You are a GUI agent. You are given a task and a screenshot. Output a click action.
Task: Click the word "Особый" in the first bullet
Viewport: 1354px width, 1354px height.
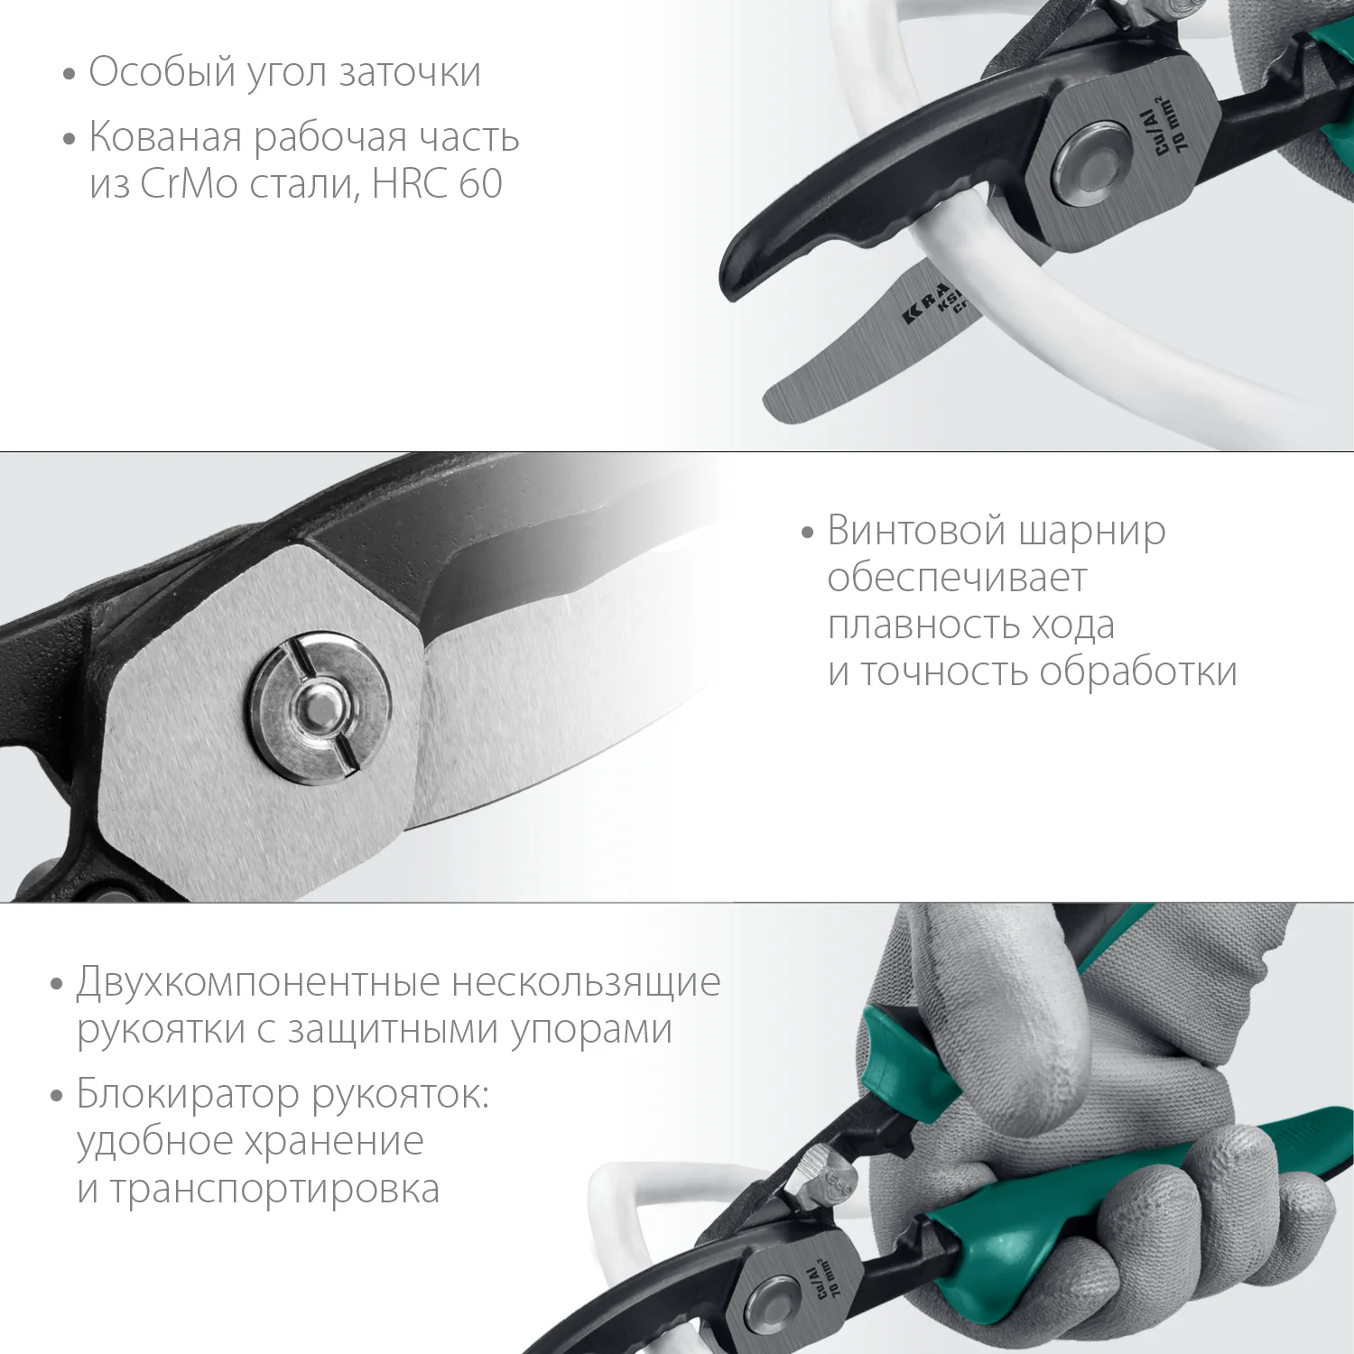(162, 72)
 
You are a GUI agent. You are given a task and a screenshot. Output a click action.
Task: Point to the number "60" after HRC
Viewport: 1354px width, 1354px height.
(480, 184)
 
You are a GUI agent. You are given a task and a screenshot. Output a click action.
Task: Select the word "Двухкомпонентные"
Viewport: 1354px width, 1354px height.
(258, 982)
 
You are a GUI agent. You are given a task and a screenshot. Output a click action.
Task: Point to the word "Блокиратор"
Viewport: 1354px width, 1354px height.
(188, 1094)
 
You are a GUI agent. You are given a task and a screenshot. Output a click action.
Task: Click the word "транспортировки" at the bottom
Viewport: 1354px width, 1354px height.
(274, 1190)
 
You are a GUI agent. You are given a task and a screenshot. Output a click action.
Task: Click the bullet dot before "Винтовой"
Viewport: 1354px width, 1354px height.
(808, 533)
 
